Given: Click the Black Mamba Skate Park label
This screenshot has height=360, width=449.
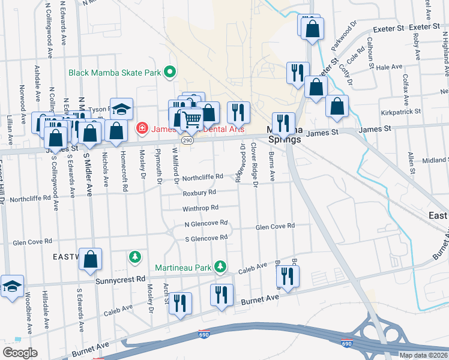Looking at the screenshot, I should click(116, 73).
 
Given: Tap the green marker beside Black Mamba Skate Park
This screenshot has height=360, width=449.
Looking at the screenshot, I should click(170, 73).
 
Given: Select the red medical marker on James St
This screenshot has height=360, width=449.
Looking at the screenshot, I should click(142, 127).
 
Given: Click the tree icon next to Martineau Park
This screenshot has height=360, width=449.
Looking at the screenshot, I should click(221, 265).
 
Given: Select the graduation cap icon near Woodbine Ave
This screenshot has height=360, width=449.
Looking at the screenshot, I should click(11, 286).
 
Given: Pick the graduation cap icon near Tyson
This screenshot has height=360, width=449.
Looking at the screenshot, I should click(121, 109).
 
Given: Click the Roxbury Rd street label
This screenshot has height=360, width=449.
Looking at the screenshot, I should click(199, 193).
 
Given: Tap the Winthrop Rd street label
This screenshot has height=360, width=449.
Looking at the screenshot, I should click(201, 208).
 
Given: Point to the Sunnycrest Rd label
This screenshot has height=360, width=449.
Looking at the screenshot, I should click(121, 280).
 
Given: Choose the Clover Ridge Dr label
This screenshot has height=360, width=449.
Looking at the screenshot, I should click(255, 164).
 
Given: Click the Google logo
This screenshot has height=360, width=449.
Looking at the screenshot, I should click(20, 353).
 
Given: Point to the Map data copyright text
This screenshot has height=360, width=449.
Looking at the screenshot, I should click(424, 355).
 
